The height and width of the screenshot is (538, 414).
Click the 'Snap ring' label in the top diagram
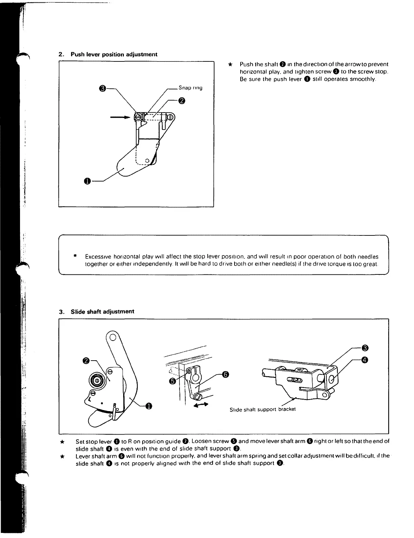190,88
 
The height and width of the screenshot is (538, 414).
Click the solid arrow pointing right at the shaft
121,117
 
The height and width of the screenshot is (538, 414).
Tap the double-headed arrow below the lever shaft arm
200,405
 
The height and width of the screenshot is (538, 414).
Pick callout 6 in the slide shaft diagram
225,374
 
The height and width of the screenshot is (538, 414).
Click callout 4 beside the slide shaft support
365,360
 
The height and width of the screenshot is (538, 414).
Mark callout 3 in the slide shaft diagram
365,348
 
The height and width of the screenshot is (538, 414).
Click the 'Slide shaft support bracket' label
262,409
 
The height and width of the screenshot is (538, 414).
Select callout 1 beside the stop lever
148,405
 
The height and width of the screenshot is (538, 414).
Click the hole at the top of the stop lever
113,337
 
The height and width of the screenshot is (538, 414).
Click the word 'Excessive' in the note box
98,257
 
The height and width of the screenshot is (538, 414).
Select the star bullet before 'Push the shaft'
230,64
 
